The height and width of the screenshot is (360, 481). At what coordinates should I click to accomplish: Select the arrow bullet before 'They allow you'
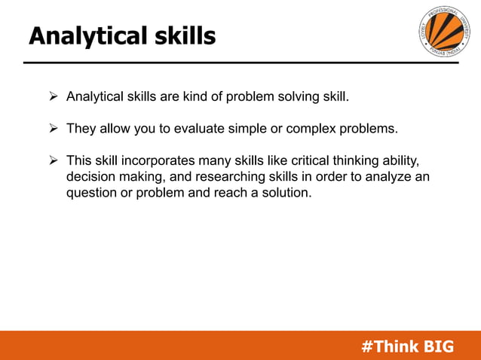[x=54, y=129]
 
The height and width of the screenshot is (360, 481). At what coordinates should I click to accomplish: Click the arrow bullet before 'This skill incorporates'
[x=54, y=161]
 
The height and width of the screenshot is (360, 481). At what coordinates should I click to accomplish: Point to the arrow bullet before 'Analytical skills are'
[x=54, y=97]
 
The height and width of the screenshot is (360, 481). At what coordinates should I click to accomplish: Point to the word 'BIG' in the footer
[x=440, y=346]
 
